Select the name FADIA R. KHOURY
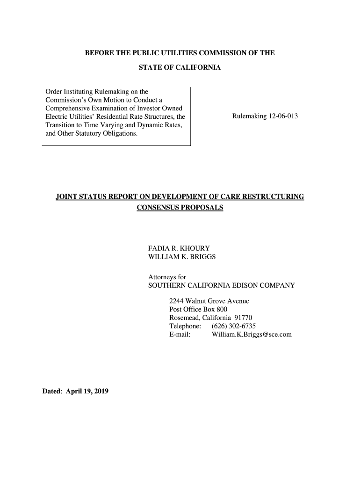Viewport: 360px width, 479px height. [x=179, y=248]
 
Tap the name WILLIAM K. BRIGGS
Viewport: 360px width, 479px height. [x=182, y=257]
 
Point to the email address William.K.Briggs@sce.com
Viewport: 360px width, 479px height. [x=252, y=334]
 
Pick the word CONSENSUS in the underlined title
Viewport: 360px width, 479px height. [x=157, y=207]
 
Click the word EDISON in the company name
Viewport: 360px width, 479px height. [x=247, y=285]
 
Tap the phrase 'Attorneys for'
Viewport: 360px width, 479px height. [x=167, y=277]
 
